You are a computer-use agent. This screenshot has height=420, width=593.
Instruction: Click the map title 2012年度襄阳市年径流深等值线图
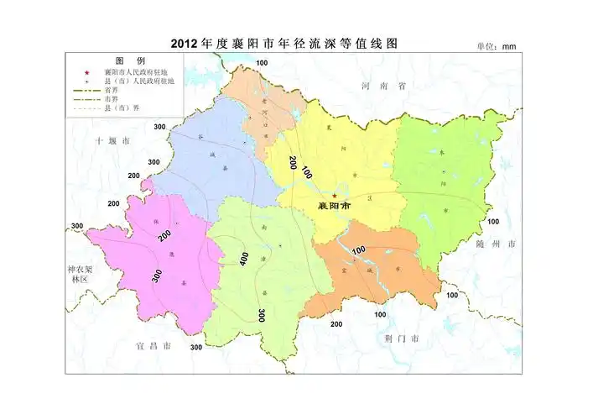click(282, 44)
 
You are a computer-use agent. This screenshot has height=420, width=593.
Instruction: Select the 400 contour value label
click(243, 258)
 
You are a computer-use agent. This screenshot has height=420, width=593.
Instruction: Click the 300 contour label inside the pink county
click(156, 275)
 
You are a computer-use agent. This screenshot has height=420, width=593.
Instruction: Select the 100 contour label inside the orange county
click(359, 250)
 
